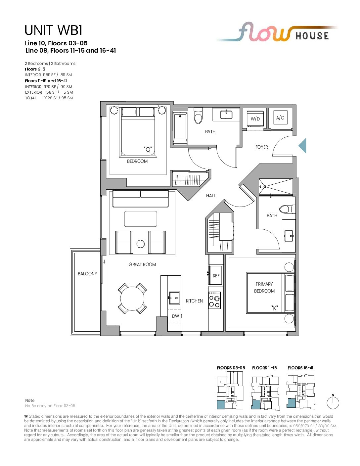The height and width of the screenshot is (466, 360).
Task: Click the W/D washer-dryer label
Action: [255, 119]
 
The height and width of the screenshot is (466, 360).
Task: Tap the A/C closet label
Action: [280, 118]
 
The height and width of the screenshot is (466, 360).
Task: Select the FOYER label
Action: [262, 147]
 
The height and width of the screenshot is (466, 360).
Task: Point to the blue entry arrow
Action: [302, 146]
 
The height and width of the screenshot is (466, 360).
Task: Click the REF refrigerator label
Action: [216, 276]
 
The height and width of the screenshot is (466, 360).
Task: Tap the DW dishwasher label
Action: [175, 316]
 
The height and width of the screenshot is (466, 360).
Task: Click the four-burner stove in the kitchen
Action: [214, 300]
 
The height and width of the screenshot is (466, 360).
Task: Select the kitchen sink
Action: [174, 298]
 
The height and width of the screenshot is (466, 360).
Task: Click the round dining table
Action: [132, 299]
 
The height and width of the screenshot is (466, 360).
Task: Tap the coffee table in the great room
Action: [141, 219]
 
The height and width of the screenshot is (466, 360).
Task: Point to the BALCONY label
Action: [87, 274]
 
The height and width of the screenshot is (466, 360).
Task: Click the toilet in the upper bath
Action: [198, 116]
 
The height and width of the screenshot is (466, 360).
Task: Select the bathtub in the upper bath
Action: [180, 128]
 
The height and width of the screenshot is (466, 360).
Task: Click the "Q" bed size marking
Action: [148, 149]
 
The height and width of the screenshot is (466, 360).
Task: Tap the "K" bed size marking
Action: [274, 308]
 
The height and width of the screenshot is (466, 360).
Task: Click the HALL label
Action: [211, 196]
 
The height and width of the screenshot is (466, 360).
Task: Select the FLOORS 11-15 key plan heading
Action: [264, 368]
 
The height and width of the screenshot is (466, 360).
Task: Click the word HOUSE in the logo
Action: [312, 36]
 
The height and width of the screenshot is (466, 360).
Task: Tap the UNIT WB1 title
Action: [54, 30]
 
